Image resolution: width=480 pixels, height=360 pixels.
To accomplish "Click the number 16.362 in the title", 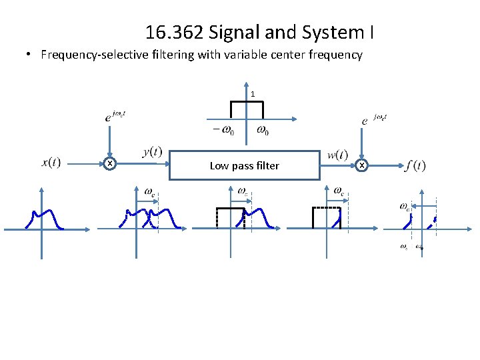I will pos(170,32).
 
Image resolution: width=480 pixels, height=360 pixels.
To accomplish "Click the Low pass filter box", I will pos(245,165).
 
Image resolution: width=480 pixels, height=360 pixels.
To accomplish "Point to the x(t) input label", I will pos(51,163).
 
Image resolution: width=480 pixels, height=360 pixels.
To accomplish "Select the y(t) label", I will pos(152,153).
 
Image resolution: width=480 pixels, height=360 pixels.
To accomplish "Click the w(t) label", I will pos(337,155).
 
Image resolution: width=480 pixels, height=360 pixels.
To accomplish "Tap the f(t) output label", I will pos(415,165).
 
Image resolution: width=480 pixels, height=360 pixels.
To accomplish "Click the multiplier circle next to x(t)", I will pos(110,164).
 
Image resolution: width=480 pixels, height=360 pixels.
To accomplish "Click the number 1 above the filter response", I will pos(253,94).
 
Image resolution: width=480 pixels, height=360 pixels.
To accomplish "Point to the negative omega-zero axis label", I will pos(223,131).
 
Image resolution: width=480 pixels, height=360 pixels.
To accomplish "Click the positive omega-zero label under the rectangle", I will pos(263,130).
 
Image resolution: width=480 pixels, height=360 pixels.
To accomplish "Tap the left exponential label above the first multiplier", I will pos(115,115).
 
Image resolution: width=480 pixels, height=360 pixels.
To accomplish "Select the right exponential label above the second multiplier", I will pos(373,119).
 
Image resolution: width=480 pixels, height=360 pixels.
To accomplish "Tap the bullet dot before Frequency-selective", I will pos(31,55).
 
